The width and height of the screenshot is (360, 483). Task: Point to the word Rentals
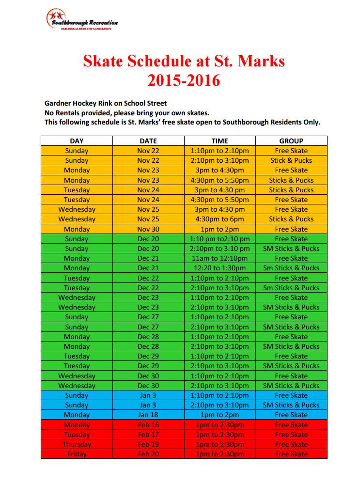pos(69,113)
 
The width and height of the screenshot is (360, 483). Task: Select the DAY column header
pos(77,141)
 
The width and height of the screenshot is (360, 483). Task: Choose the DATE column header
pos(148,141)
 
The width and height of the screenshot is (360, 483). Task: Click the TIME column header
pos(219,141)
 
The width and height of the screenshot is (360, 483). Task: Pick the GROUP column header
pos(291,141)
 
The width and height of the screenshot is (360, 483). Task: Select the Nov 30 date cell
pos(148,229)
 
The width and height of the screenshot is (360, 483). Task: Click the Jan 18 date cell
pos(148,415)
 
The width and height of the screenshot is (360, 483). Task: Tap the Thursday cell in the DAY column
pos(77,444)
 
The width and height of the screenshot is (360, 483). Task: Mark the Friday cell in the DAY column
pos(77,454)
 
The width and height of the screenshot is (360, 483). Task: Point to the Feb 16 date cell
pos(148,425)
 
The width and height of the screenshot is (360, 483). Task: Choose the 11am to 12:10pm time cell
pos(219,258)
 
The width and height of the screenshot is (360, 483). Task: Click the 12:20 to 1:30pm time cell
pos(219,268)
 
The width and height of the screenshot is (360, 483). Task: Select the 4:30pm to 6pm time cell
pos(219,219)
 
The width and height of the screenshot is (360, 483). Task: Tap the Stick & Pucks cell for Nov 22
pos(291,160)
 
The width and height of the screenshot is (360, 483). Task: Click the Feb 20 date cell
pos(148,454)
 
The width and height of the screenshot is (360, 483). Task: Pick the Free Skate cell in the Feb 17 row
pos(291,435)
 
